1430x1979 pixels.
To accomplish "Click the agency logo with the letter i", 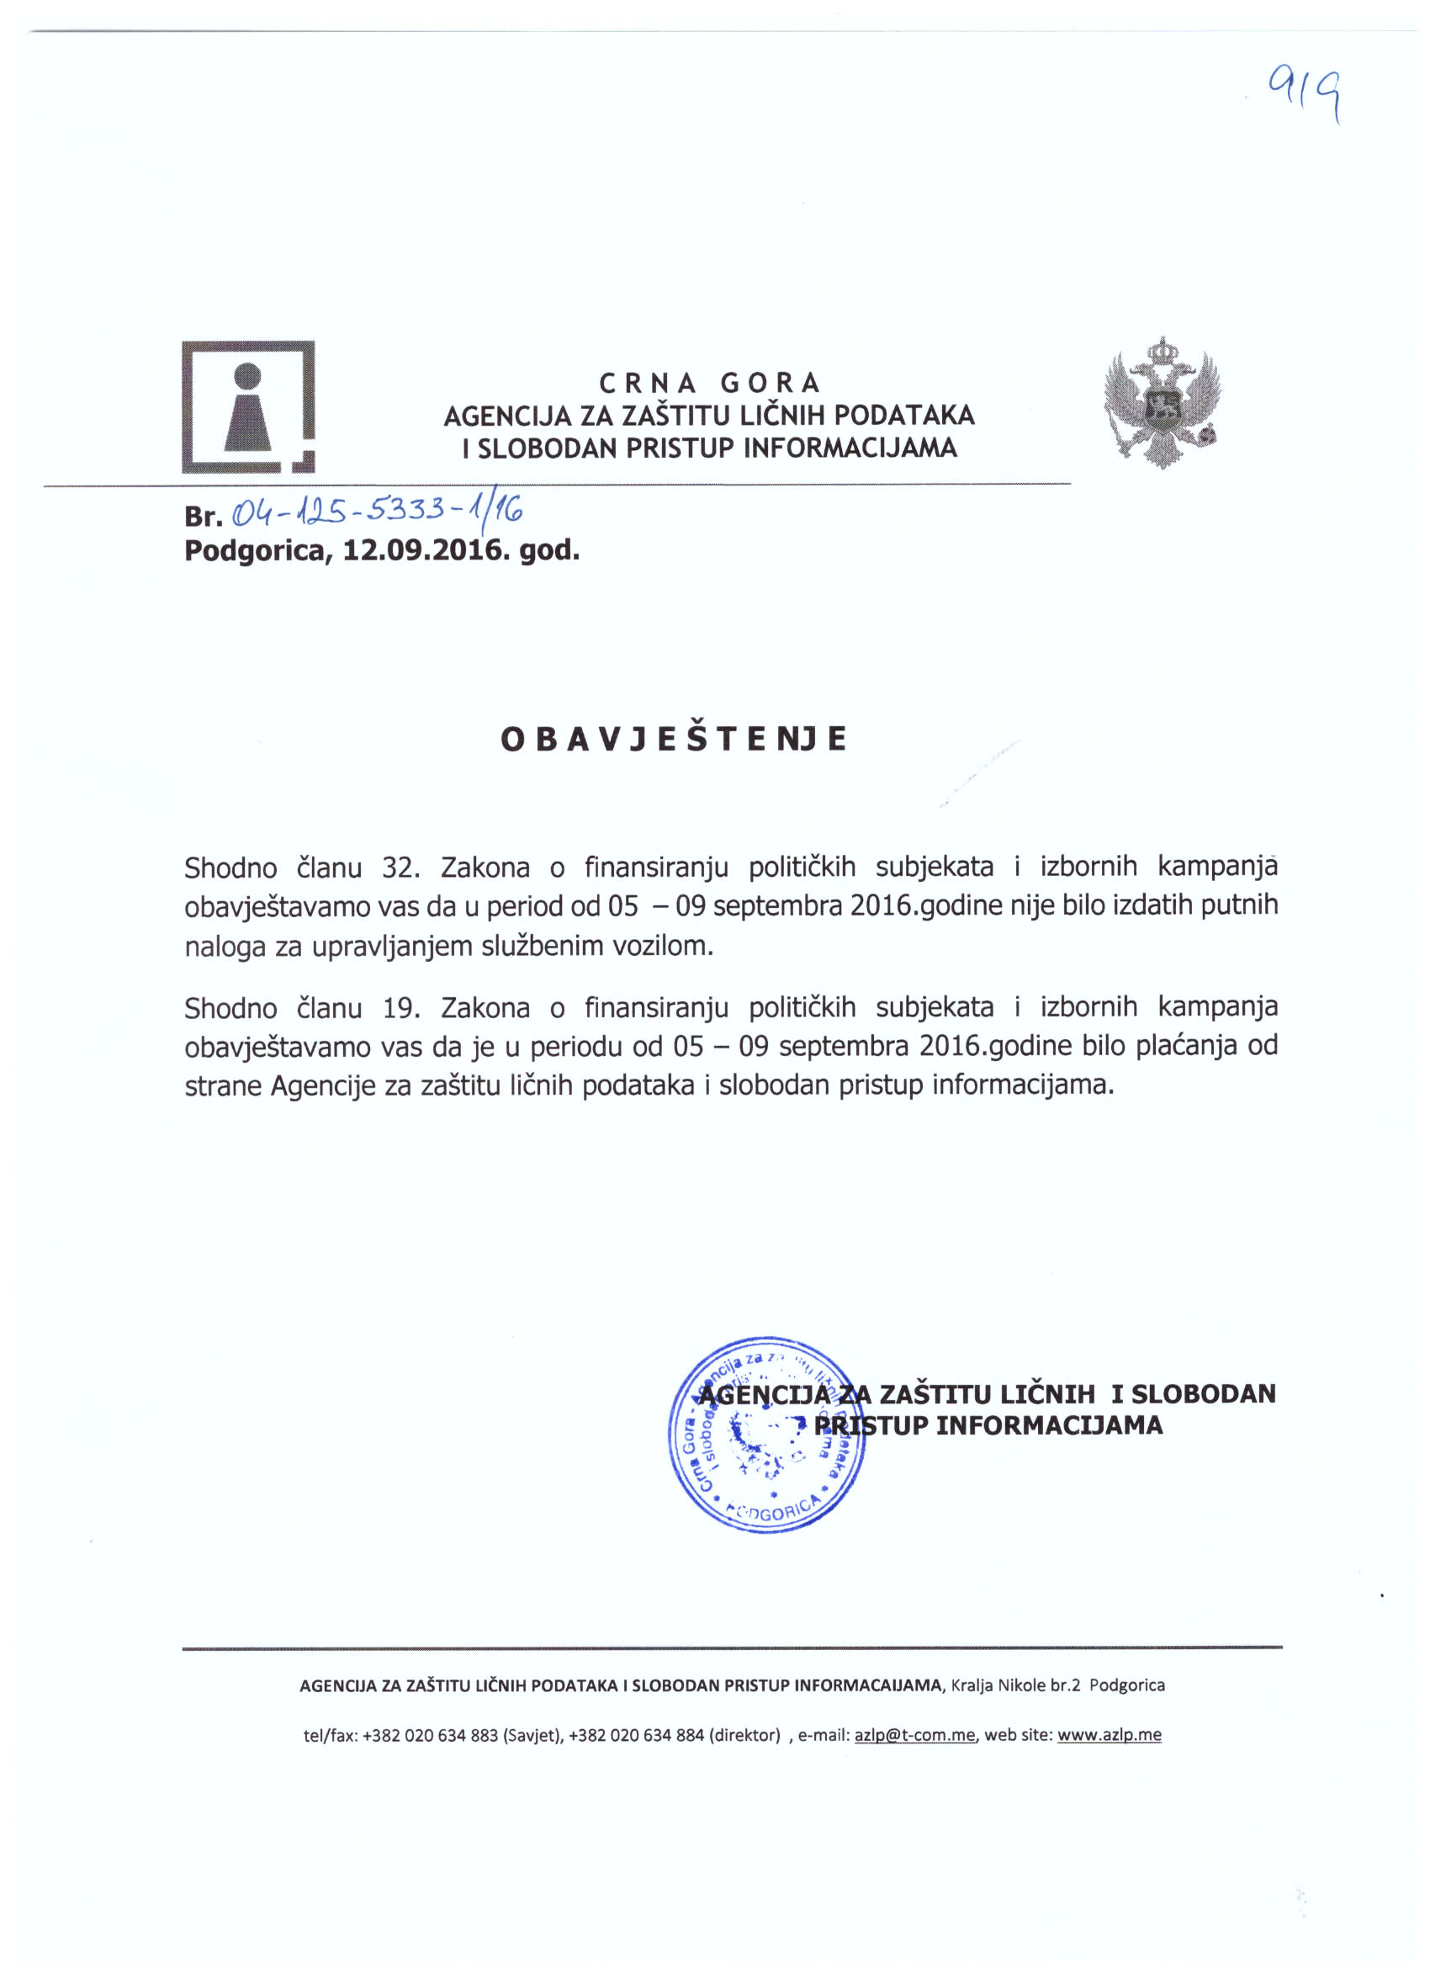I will tap(248, 406).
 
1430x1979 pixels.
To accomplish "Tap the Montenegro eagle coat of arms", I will tap(1162, 402).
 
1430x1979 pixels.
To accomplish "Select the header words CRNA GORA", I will tap(709, 382).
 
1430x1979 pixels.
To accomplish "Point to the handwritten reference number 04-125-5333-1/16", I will tap(376, 511).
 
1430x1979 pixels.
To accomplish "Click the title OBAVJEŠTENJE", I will tap(673, 738).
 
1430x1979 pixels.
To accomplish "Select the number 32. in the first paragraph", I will tap(401, 867).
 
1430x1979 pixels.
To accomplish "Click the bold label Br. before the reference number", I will tap(204, 517).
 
